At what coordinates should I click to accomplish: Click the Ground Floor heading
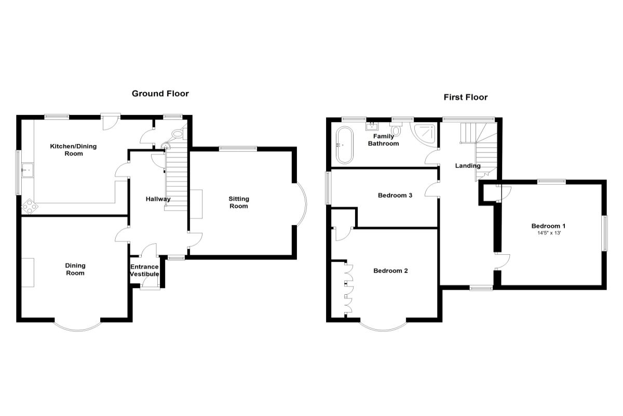160,94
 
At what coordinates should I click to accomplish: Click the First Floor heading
465,97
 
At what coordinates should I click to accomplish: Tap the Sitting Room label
239,202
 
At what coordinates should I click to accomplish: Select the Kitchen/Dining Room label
73,150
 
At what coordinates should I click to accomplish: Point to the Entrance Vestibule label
144,270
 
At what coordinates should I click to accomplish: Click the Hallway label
158,199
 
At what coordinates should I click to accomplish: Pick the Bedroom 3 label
395,196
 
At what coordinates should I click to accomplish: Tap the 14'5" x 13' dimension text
548,233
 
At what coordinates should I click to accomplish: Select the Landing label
468,166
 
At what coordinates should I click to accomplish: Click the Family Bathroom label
383,140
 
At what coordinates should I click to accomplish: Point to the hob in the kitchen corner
29,206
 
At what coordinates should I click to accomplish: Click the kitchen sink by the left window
26,169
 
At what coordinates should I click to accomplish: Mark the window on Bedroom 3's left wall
328,188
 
